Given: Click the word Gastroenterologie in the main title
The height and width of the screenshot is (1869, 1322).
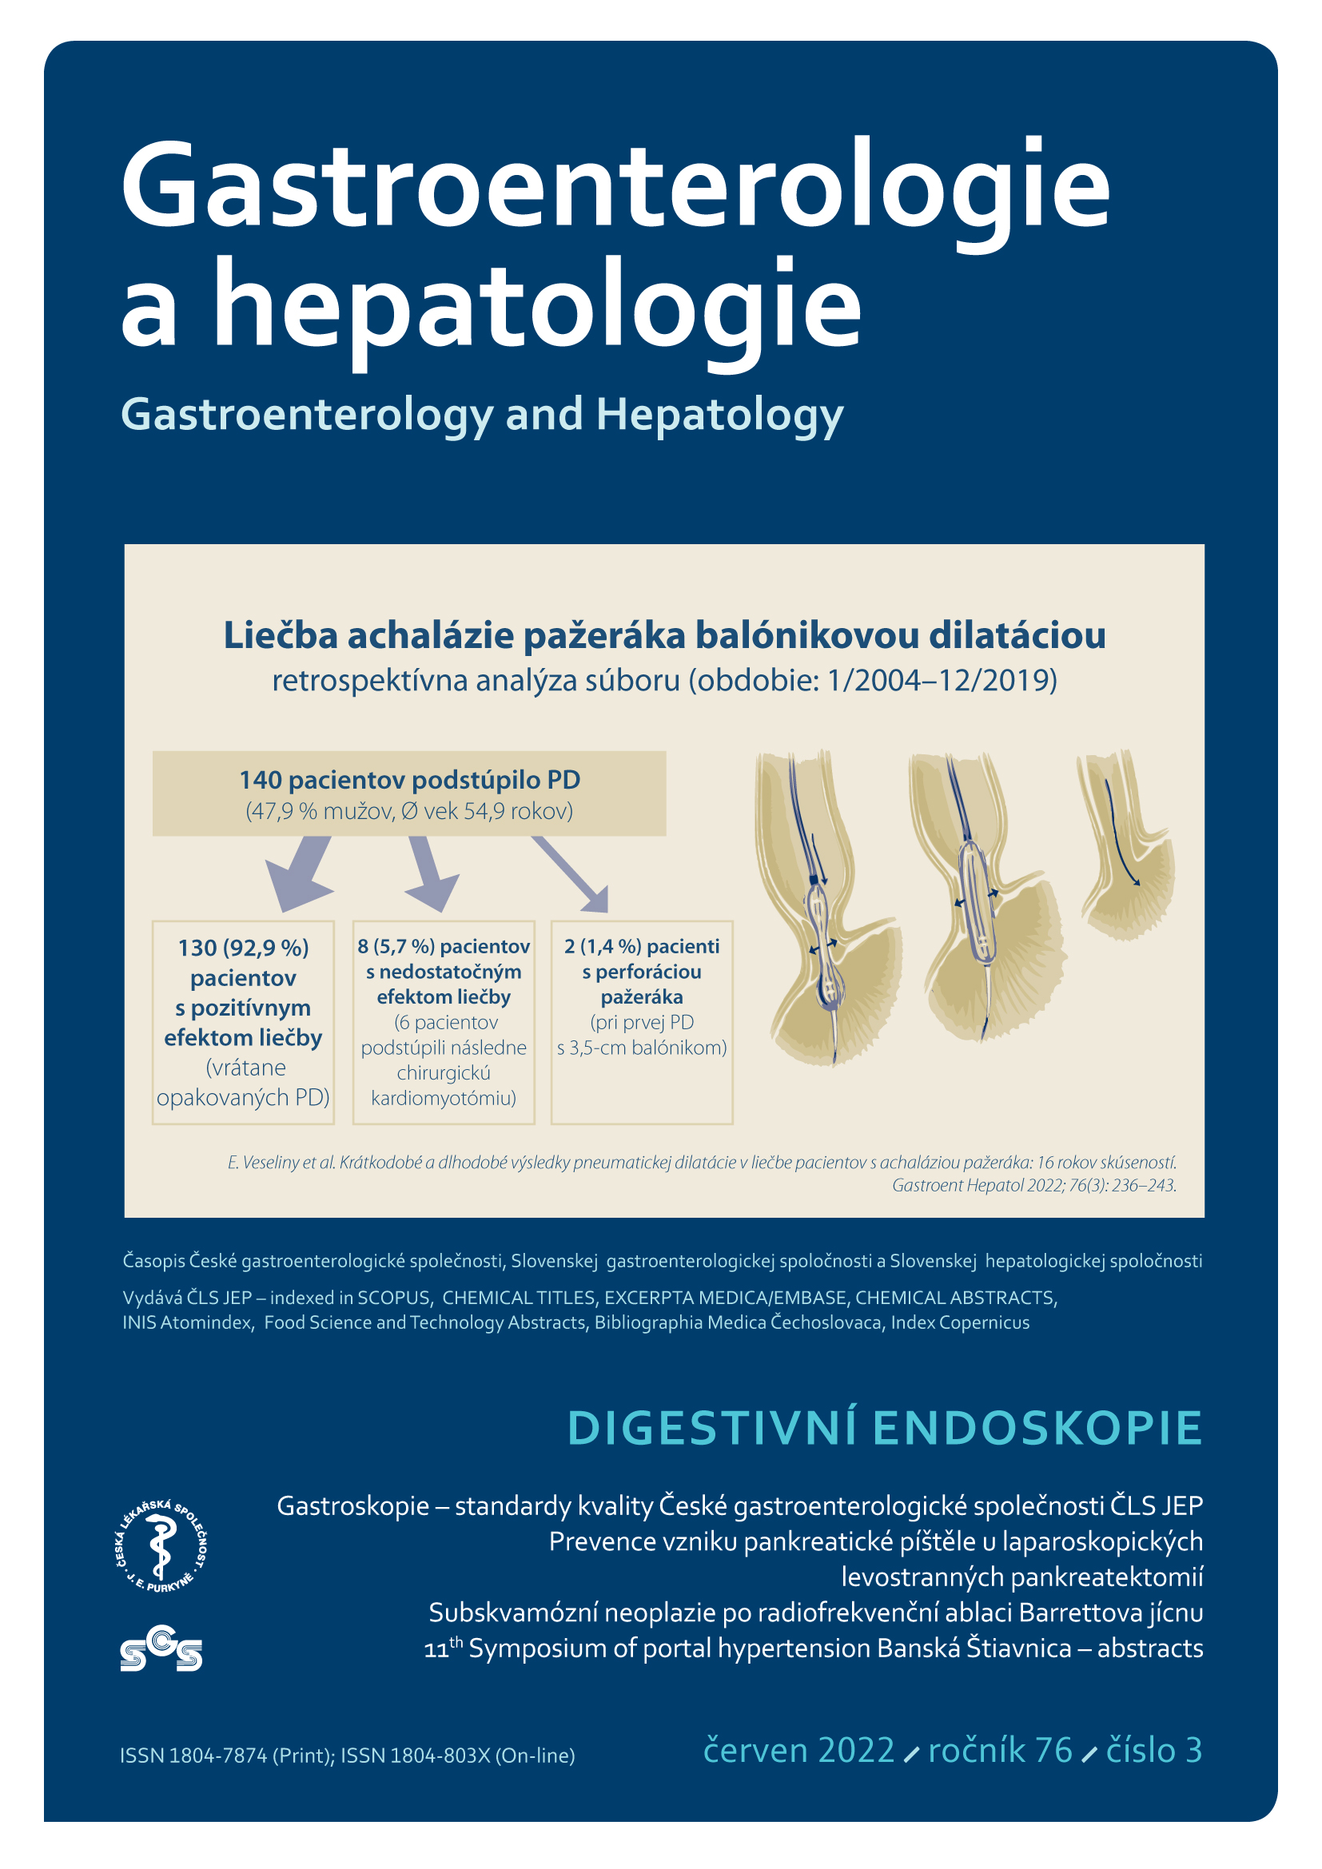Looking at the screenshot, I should coord(615,187).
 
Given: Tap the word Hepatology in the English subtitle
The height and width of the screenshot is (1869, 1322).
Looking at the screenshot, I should coord(719,415).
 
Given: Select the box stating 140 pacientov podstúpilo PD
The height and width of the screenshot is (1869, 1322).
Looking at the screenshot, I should coord(408,793).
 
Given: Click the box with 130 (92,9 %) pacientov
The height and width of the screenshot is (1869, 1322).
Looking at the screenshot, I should coord(243,1022).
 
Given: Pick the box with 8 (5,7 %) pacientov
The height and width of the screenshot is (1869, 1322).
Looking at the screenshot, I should coord(443,1022).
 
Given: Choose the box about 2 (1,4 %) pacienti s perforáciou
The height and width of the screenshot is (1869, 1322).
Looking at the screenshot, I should coord(642,1022).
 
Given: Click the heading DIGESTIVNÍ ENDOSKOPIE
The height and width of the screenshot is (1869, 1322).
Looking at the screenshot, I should coord(884,1427).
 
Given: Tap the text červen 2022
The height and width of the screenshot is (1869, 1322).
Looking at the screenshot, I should coord(798,1750).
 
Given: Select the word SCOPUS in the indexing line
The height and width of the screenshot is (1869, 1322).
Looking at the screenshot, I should coord(393,1298).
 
